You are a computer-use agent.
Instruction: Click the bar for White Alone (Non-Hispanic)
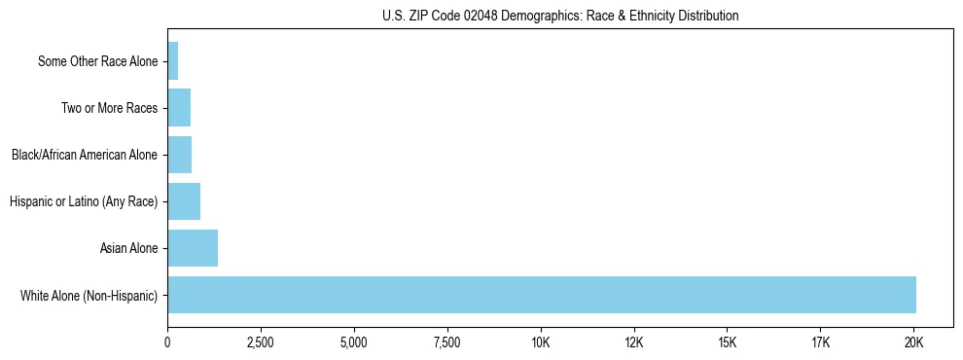(541, 295)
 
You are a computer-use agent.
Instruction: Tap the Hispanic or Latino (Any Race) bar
(184, 201)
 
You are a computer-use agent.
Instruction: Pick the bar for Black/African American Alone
(180, 155)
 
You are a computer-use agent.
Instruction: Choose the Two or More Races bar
(179, 108)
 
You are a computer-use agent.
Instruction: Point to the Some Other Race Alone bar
(173, 61)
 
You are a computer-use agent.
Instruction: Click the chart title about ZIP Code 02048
(560, 17)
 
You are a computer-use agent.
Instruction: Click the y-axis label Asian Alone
(128, 249)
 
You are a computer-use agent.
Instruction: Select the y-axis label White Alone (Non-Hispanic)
(89, 296)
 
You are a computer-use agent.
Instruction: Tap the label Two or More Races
(109, 108)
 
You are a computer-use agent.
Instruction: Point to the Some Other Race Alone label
(97, 61)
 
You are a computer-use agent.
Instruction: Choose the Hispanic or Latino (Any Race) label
(84, 202)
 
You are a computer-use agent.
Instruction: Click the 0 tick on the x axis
(167, 343)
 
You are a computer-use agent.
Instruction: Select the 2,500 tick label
(261, 343)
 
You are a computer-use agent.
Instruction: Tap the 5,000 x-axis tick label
(354, 343)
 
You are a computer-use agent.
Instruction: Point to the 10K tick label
(541, 343)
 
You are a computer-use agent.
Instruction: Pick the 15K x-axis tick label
(727, 343)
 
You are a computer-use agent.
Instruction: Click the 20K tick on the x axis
(913, 343)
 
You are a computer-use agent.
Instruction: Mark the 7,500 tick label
(447, 343)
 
